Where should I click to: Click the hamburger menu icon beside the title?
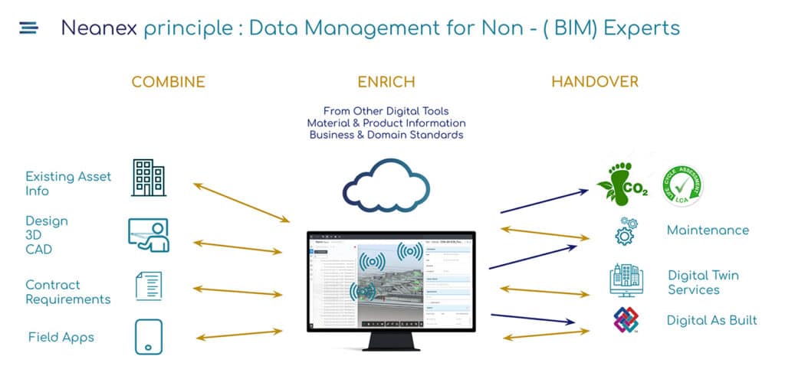(28, 28)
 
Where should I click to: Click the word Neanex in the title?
(99, 28)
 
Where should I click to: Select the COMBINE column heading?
(168, 82)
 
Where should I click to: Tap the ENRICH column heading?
(386, 82)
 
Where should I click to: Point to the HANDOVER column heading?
(594, 82)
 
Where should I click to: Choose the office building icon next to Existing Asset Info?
(149, 178)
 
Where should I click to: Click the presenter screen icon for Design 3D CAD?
(148, 235)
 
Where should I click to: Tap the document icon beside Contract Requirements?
(148, 286)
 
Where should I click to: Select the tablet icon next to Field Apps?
(148, 337)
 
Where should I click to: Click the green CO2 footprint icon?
(622, 183)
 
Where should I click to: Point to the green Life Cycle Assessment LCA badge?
(682, 186)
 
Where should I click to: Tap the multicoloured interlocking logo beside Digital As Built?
(626, 320)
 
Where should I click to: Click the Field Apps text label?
(61, 337)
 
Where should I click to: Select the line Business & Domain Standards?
(386, 135)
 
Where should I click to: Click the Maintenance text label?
(707, 230)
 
